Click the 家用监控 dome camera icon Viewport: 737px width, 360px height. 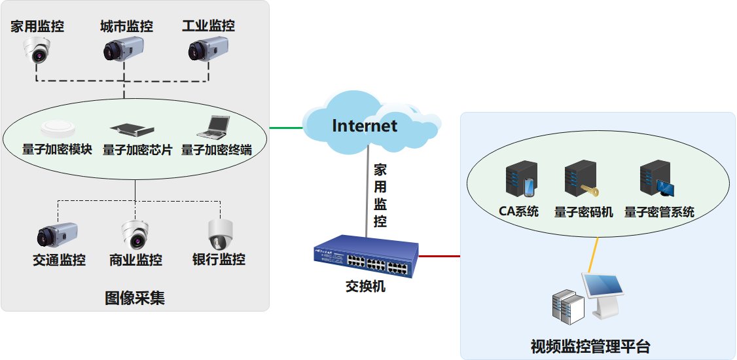coord(37,50)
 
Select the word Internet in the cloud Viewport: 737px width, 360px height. coord(365,126)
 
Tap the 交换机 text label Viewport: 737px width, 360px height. coord(365,287)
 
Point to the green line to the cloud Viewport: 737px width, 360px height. coord(286,127)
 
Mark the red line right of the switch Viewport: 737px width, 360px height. coord(439,256)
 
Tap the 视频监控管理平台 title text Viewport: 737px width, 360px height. coord(590,346)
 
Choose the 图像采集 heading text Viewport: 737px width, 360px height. coord(135,298)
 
